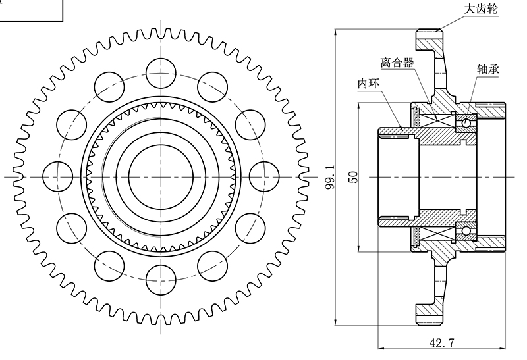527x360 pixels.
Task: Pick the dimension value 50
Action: pos(354,178)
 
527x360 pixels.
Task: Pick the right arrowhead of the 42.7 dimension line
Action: pos(504,349)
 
